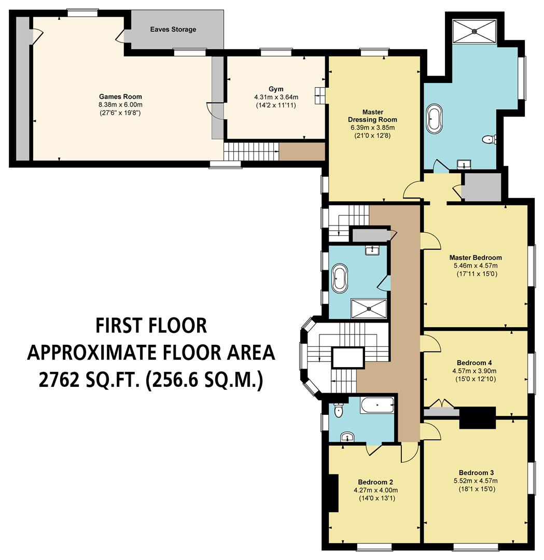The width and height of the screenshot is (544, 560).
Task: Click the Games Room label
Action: pyautogui.click(x=120, y=96)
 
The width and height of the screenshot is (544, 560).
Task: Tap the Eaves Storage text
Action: pyautogui.click(x=173, y=30)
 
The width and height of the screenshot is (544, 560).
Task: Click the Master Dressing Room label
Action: pyautogui.click(x=372, y=116)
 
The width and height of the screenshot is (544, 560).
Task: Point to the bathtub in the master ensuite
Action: pyautogui.click(x=434, y=119)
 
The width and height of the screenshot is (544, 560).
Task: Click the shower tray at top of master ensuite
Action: pyautogui.click(x=474, y=32)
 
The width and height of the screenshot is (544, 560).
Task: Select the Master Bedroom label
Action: pyautogui.click(x=476, y=258)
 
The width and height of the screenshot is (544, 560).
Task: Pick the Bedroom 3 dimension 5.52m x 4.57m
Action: pyautogui.click(x=476, y=481)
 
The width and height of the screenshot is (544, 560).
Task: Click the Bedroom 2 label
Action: pyautogui.click(x=372, y=482)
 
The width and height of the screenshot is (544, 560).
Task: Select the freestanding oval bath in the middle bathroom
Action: pyautogui.click(x=340, y=277)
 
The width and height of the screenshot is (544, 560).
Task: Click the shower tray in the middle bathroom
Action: pyautogui.click(x=369, y=308)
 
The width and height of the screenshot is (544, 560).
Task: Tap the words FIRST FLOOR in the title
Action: pyautogui.click(x=151, y=326)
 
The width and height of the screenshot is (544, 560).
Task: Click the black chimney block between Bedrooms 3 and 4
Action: pyautogui.click(x=477, y=417)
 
